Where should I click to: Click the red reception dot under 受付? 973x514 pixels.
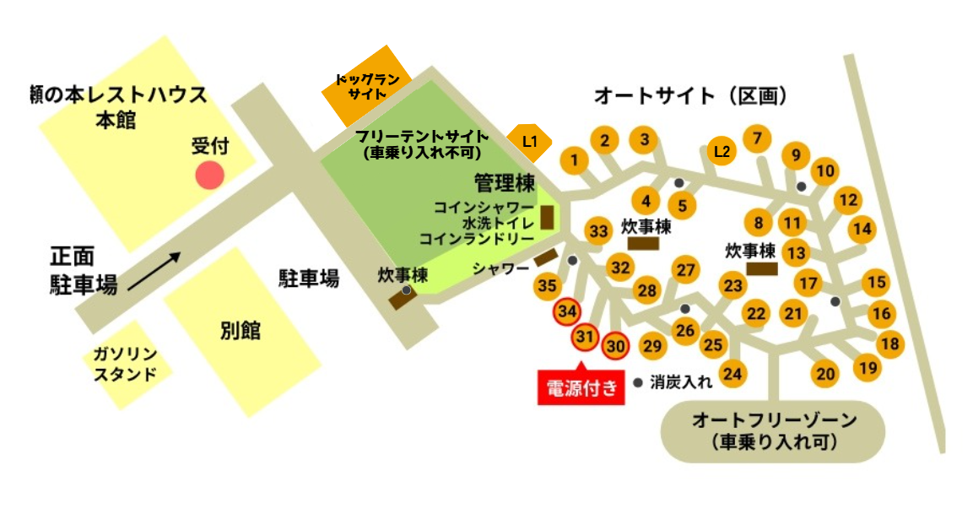[209, 176]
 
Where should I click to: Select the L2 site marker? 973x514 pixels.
[722, 151]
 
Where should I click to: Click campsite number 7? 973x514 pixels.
[757, 138]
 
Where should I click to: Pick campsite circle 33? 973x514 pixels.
[599, 231]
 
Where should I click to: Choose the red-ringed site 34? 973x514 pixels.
[567, 311]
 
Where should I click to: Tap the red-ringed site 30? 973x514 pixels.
[617, 345]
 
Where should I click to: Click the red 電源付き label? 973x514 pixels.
[581, 388]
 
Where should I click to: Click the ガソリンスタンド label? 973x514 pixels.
[126, 363]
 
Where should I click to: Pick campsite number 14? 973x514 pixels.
[862, 229]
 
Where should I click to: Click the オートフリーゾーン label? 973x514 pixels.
[774, 430]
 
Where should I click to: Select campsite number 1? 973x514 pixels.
[575, 159]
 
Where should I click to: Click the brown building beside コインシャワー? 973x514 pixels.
[547, 218]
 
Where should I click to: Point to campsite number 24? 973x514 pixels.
[732, 373]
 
